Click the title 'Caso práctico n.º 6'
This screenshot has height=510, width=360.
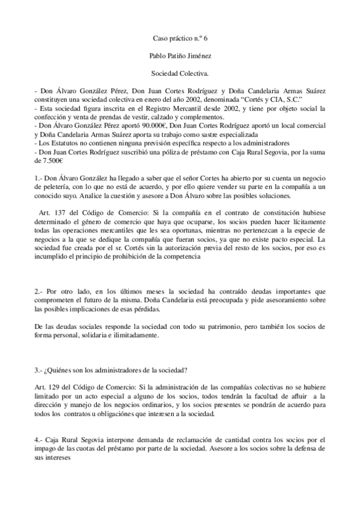180,38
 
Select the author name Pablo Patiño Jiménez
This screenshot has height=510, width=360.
180,55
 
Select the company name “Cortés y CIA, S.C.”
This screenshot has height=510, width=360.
269,99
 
